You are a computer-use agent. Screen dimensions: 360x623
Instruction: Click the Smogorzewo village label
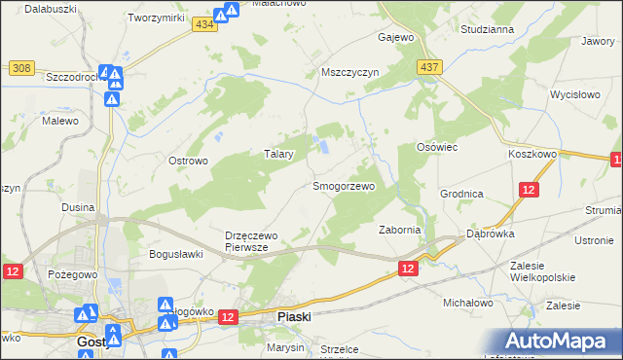(x=343, y=185)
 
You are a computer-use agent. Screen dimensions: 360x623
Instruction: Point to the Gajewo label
(x=396, y=38)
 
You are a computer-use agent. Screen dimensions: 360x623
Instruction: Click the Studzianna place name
(x=488, y=29)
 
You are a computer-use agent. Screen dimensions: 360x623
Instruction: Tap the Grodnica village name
(x=461, y=194)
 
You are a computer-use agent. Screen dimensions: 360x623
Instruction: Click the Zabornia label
(x=399, y=230)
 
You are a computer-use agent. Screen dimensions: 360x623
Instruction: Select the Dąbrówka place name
(x=490, y=234)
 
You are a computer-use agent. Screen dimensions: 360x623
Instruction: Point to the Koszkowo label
(x=531, y=154)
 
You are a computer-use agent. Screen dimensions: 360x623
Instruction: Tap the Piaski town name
(x=294, y=316)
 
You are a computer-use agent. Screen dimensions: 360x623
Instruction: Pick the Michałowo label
(x=468, y=303)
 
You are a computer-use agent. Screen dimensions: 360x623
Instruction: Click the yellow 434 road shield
(x=203, y=25)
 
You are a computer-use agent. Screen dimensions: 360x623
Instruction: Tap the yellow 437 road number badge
(x=428, y=67)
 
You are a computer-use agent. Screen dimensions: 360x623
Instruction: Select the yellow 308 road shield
(x=21, y=67)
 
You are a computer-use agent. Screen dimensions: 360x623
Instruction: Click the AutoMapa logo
(x=561, y=341)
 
